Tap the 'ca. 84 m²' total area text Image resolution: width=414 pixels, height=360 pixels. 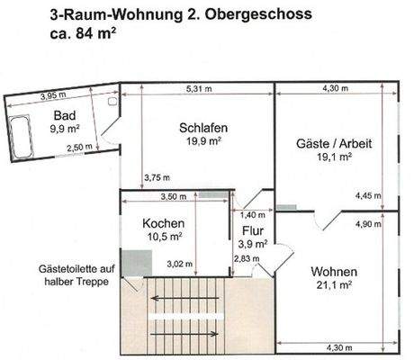click(85, 36)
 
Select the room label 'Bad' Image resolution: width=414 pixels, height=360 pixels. click(63, 115)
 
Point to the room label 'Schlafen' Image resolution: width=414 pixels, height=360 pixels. click(202, 127)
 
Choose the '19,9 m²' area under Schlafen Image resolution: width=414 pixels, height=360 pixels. click(202, 140)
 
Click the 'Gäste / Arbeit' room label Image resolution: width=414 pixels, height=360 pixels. click(334, 143)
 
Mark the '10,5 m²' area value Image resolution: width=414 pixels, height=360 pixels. click(165, 237)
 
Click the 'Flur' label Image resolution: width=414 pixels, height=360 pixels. click(252, 230)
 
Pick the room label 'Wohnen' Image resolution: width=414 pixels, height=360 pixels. click(334, 271)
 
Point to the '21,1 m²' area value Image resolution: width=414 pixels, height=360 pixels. click(335, 286)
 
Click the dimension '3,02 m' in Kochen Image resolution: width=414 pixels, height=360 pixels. click(179, 263)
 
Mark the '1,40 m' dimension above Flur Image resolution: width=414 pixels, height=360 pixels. click(251, 216)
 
